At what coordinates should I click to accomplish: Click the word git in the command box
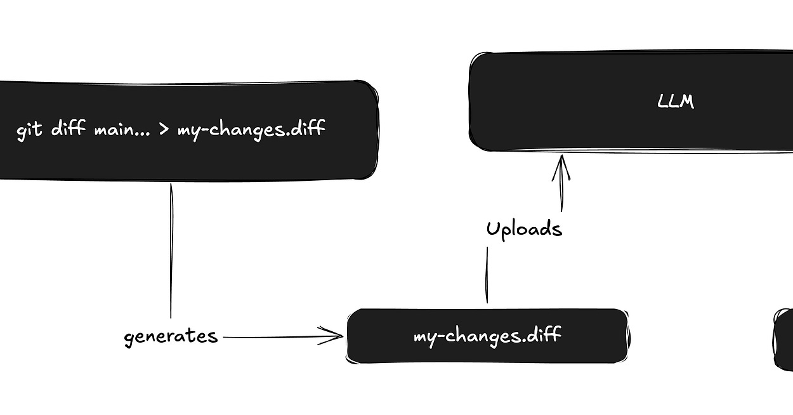(x=29, y=131)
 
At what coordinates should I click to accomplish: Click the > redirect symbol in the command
(x=163, y=130)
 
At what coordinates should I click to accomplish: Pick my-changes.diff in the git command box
(x=251, y=130)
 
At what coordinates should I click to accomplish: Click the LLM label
(x=676, y=102)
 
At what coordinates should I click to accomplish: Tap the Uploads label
(x=524, y=228)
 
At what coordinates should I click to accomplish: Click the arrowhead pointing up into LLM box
(x=561, y=166)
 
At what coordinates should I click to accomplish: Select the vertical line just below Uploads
(x=487, y=274)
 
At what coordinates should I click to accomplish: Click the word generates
(x=171, y=337)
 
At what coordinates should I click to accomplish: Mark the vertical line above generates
(x=171, y=251)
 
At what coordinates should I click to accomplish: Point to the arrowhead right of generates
(x=334, y=336)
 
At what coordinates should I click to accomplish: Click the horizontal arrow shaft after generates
(x=273, y=337)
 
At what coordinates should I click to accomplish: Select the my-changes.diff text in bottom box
(x=487, y=336)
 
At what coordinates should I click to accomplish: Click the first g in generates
(x=129, y=338)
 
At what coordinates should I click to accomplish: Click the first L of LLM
(x=664, y=102)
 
